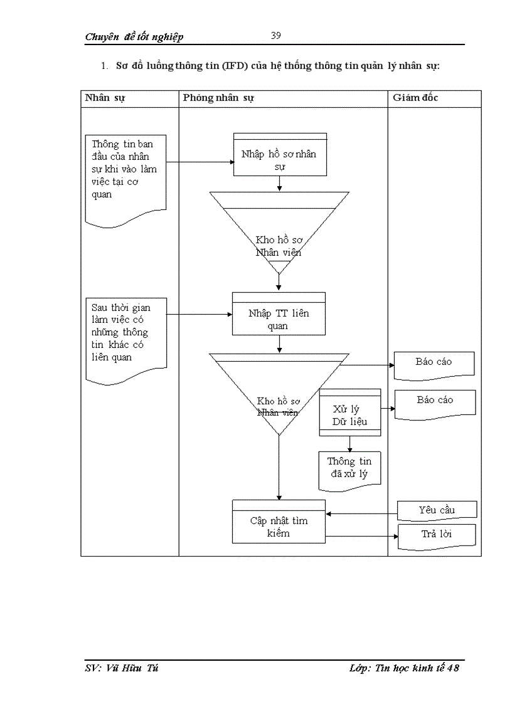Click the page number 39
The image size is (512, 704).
tap(275, 35)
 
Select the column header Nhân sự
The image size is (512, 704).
tap(105, 98)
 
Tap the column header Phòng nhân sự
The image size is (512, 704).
tap(218, 98)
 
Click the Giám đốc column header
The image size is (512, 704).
tap(415, 98)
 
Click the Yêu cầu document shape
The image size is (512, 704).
tap(437, 510)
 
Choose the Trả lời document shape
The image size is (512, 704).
tap(437, 535)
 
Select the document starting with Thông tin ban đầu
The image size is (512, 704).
tap(125, 176)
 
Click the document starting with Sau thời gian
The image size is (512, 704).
tap(125, 339)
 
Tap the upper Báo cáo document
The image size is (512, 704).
tap(434, 363)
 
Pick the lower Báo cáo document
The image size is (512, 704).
tap(435, 401)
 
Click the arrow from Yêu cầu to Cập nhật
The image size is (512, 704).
tap(361, 514)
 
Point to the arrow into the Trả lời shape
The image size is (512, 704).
tap(362, 536)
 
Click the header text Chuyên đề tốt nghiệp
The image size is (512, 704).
tap(134, 37)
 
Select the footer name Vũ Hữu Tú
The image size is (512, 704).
tap(132, 668)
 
